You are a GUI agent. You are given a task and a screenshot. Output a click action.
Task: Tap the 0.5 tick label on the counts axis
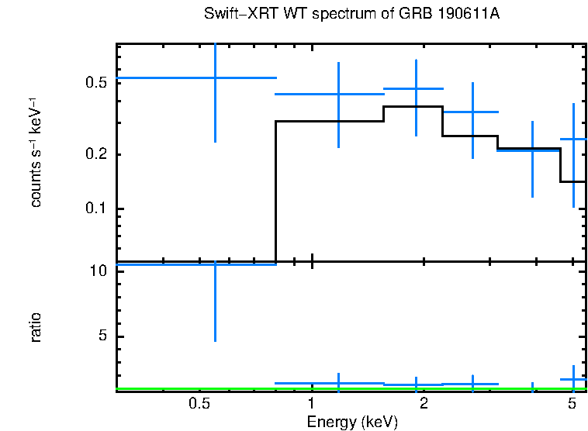point(95,83)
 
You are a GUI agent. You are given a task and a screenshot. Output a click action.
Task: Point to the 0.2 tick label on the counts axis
point(95,154)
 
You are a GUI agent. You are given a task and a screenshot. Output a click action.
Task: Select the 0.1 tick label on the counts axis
point(95,209)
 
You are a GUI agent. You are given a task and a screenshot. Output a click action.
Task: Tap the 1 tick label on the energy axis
point(311,404)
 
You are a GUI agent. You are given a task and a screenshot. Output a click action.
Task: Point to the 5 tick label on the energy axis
point(571,404)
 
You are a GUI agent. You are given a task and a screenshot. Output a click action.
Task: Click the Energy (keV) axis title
point(352,422)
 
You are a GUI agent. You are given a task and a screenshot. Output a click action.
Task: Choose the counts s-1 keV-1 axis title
point(36,152)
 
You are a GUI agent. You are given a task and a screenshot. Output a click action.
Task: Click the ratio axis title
point(36,327)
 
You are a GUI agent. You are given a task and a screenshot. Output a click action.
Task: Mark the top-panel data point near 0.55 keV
point(215,78)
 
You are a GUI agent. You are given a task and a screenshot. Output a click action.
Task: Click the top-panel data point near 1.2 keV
point(338,94)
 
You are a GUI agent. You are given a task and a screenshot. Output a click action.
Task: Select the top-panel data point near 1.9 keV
point(416,89)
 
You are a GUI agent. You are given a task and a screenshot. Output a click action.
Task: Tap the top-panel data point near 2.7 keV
point(472,112)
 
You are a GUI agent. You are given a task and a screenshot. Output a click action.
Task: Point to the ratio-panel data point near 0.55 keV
point(215,264)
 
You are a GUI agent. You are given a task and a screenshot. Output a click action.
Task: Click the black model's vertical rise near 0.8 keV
point(275,194)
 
